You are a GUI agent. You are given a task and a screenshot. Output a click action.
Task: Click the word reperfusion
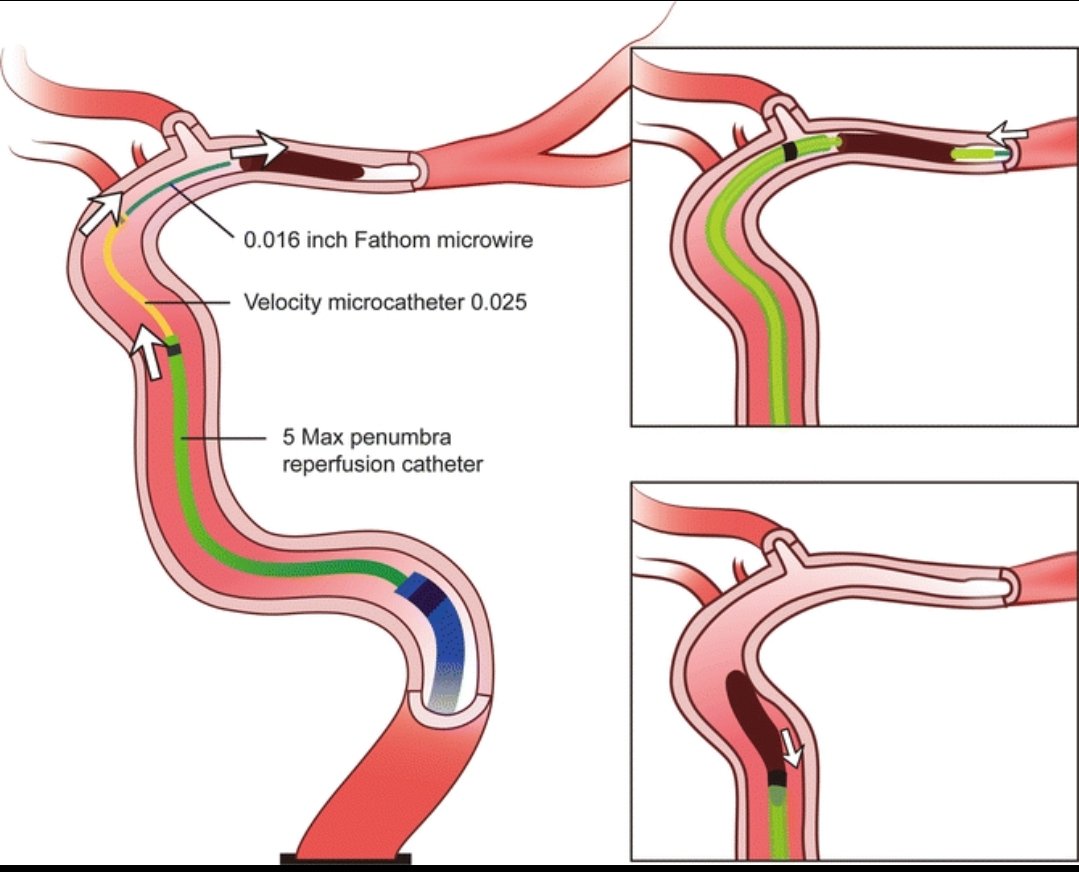click(326, 464)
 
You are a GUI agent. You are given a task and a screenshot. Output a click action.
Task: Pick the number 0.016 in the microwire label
click(268, 241)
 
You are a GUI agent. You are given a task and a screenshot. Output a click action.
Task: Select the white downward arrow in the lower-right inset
click(791, 746)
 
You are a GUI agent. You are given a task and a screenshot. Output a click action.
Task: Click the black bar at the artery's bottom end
click(345, 857)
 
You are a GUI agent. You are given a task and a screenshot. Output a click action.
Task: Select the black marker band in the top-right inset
click(792, 151)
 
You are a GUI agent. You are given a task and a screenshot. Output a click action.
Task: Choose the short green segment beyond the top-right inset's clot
click(975, 154)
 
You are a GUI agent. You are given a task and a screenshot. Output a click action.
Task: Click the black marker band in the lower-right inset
click(777, 777)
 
